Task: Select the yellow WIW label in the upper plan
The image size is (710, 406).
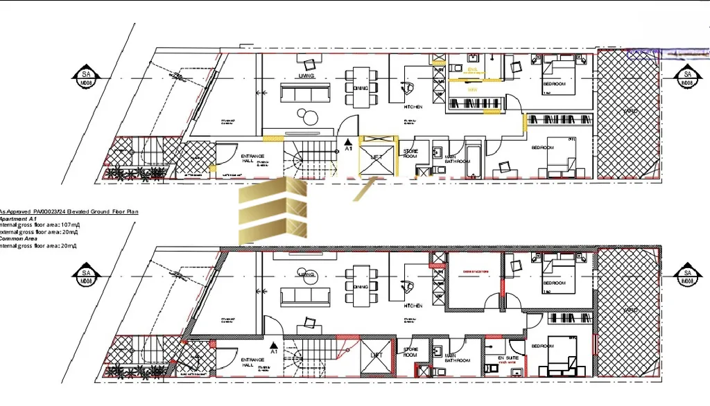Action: coord(472,90)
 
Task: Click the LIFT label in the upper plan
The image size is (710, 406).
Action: coord(376,157)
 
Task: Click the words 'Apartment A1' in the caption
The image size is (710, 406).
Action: coord(18,218)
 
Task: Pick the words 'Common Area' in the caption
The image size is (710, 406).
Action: coord(19,238)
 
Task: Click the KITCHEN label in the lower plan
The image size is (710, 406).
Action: coord(413,306)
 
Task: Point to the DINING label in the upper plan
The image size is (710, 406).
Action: coord(361,89)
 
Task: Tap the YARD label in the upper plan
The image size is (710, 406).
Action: coord(630,111)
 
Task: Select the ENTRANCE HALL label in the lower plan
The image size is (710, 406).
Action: coord(251,362)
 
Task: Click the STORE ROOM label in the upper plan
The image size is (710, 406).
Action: coord(410,154)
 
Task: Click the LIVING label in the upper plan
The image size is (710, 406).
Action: coord(306,76)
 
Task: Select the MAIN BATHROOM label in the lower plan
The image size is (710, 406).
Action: coord(458,358)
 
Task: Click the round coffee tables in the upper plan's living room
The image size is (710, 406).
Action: coord(307,116)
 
